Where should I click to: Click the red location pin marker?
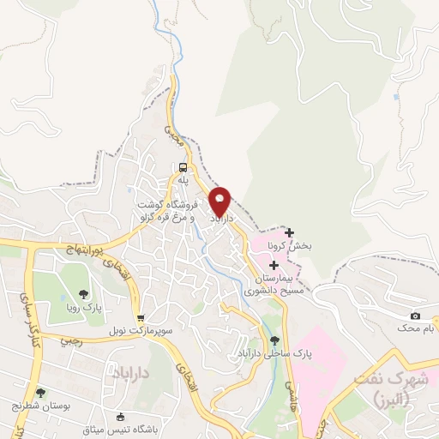coord(220,201)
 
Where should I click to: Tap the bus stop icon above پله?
coord(183,167)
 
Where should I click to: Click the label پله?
coord(183,181)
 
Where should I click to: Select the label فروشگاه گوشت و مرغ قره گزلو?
coord(170,212)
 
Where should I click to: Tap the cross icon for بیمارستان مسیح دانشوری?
coord(274,266)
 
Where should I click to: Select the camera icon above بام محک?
coord(416,316)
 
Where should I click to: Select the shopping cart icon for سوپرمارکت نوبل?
coord(141,316)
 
